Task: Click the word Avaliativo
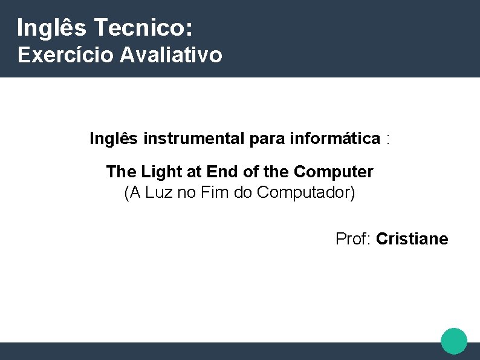click(171, 55)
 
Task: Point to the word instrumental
click(194, 139)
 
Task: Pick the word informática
click(335, 139)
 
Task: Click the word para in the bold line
click(268, 139)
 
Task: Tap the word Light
click(161, 172)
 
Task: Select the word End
click(222, 172)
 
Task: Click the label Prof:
click(354, 239)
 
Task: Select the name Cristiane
click(412, 239)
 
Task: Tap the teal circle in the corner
click(454, 341)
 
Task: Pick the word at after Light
click(193, 172)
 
